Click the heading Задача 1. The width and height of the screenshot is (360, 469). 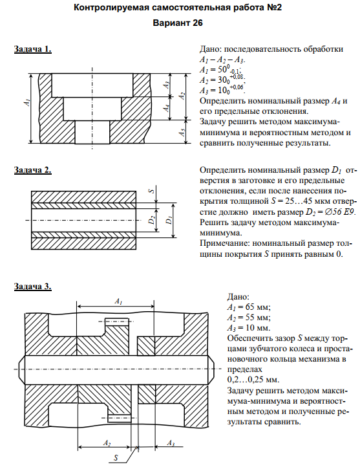[x=33, y=49]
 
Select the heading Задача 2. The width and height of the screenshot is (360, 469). [x=33, y=170]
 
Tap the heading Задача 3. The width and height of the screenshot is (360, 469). [x=33, y=286]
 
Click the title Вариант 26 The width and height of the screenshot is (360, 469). [x=178, y=23]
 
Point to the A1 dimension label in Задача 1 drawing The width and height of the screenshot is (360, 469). [x=27, y=102]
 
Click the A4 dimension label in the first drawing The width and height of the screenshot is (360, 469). [x=167, y=108]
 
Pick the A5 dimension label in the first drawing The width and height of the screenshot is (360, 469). [x=182, y=132]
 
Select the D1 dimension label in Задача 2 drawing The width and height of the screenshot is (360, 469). [x=169, y=220]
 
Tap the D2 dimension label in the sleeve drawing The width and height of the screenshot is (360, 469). [x=152, y=220]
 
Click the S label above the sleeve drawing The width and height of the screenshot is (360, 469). [x=152, y=190]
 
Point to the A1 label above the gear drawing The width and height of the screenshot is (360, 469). [x=119, y=301]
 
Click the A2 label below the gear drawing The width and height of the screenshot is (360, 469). [x=107, y=443]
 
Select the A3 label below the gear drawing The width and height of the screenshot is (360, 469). [x=171, y=443]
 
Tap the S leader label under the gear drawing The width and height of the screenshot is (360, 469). [x=116, y=457]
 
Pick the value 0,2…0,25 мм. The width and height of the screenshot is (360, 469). [x=253, y=380]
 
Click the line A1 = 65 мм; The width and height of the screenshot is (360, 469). [x=249, y=307]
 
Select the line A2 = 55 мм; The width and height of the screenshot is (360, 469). [x=249, y=318]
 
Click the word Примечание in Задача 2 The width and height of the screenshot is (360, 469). [x=224, y=244]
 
